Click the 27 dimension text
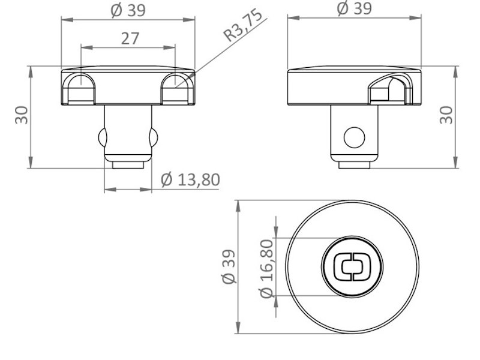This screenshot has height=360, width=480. tap(130, 38)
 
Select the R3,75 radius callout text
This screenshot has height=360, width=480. tap(244, 25)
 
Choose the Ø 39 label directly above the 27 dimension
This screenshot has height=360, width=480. tap(128, 10)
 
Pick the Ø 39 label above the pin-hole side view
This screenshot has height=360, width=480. tap(354, 8)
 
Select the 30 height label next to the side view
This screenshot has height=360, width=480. tap(446, 115)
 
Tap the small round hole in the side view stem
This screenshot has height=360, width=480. tap(354, 137)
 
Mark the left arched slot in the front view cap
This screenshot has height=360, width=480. tap(80, 88)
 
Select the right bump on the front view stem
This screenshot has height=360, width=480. tap(154, 137)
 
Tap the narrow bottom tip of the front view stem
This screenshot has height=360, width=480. tap(128, 164)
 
